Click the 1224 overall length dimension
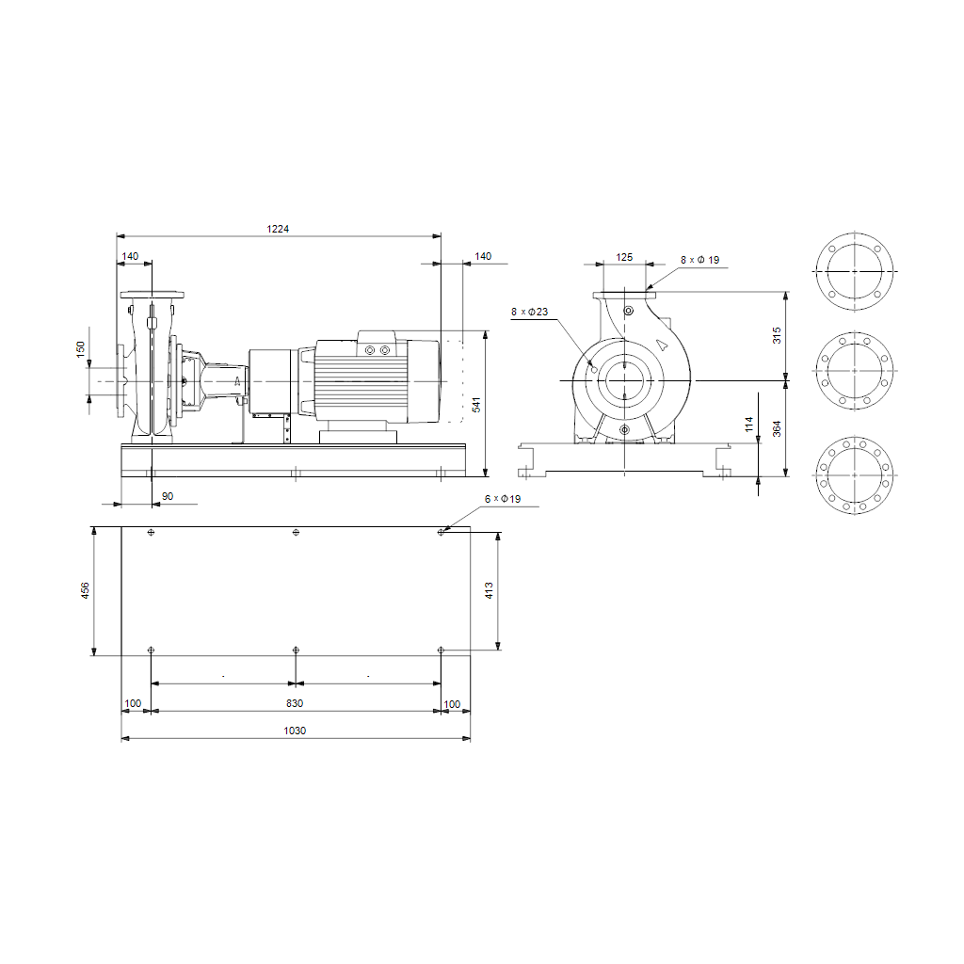pos(278,229)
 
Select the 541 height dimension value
pos(476,405)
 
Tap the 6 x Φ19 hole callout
pos(503,499)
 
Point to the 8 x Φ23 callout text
pos(529,312)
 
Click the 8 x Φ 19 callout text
pos(699,260)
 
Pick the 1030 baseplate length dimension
pos(295,731)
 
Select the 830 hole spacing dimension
pos(295,703)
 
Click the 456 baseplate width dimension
pos(85,590)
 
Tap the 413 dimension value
pos(489,590)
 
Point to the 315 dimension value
pos(777,335)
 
